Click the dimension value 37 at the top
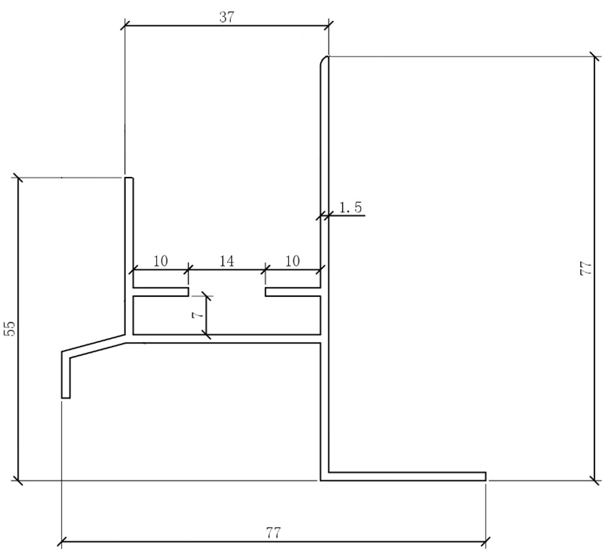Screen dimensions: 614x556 click(227, 17)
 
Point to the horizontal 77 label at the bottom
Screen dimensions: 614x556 click(273, 533)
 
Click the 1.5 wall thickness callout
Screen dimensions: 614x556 click(351, 207)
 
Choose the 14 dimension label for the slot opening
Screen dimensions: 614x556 click(227, 261)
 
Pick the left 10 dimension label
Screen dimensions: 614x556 click(160, 261)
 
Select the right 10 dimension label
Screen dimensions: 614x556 click(292, 261)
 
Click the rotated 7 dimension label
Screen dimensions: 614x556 click(198, 315)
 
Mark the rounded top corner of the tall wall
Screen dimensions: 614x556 click(323, 60)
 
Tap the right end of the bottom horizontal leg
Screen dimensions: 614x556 click(486, 477)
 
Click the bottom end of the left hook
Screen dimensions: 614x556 click(66, 397)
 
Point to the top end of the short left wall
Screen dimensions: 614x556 click(129, 178)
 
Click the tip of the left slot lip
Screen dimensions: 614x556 click(188, 292)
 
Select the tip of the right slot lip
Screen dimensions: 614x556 click(265, 292)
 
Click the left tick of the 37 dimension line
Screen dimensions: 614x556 click(125, 26)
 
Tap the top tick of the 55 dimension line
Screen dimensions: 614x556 click(18, 178)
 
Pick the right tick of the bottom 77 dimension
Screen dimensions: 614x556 click(486, 542)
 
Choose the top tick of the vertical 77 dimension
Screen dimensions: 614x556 click(595, 57)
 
